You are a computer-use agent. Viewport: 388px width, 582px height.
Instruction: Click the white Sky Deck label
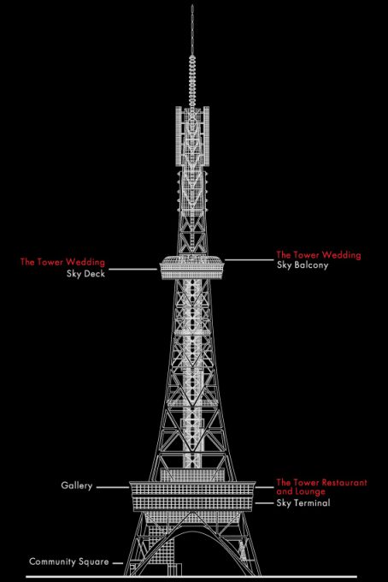[85, 274]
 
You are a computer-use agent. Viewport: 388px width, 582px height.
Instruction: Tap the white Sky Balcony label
[303, 265]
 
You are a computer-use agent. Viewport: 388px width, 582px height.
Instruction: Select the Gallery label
[77, 485]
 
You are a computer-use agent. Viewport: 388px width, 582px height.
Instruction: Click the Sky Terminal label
[303, 503]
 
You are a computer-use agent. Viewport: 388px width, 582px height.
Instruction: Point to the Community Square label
[69, 561]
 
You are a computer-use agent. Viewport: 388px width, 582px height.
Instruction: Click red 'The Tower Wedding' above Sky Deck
[62, 262]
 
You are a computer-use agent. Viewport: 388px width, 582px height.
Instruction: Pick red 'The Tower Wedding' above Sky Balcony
[319, 255]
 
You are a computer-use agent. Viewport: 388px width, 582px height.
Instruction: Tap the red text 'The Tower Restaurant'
[321, 483]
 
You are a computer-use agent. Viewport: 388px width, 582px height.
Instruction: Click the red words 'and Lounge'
[301, 491]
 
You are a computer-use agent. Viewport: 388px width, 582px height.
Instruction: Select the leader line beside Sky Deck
[133, 269]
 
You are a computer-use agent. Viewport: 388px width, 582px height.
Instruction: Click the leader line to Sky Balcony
[249, 260]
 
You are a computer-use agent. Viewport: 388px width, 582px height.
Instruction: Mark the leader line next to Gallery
[113, 487]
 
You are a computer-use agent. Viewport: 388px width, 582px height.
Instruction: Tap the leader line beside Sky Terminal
[263, 503]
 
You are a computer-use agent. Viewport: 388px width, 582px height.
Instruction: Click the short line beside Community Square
[118, 563]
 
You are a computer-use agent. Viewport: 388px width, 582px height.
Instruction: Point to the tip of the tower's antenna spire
[192, 5]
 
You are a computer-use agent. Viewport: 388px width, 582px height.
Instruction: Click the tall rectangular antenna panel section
[192, 136]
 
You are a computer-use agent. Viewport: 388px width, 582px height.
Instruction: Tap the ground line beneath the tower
[191, 577]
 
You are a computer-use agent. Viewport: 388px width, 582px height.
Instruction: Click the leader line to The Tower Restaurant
[264, 487]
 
